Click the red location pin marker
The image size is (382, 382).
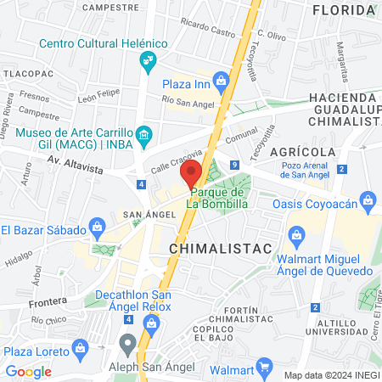click(191, 171)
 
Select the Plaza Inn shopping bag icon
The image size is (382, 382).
click(222, 81)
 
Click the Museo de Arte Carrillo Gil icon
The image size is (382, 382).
click(143, 134)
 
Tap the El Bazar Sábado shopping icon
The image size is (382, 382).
click(97, 228)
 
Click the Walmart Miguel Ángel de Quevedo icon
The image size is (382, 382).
click(297, 233)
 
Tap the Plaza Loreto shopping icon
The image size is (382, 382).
click(80, 347)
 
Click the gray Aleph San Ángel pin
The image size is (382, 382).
click(128, 343)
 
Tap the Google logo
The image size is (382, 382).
click(28, 371)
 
